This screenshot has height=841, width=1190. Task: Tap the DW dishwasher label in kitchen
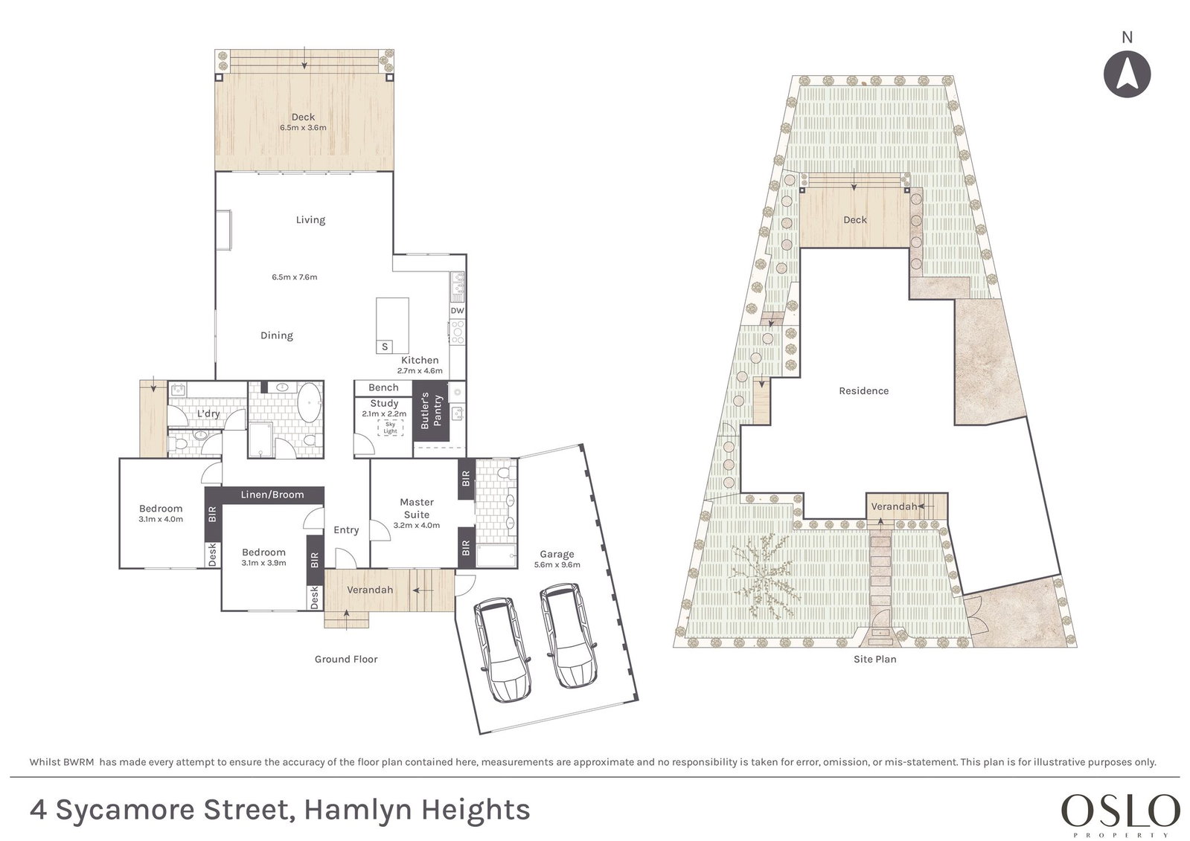(x=457, y=311)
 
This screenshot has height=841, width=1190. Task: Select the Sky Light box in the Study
(x=391, y=428)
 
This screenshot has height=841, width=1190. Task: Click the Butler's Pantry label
(x=431, y=410)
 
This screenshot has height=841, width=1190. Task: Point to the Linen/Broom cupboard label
(x=272, y=494)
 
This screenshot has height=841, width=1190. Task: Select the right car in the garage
(x=568, y=636)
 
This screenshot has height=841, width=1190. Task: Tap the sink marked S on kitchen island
(x=385, y=347)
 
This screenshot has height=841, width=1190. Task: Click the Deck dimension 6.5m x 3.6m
(x=303, y=127)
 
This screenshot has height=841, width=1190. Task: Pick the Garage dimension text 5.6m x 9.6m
(x=557, y=565)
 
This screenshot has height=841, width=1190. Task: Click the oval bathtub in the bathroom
(x=309, y=404)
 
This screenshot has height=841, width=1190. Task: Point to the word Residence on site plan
(x=863, y=391)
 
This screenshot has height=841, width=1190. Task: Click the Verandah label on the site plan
(x=894, y=506)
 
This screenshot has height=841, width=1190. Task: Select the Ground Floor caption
(x=346, y=659)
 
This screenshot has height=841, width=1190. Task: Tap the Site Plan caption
(x=874, y=659)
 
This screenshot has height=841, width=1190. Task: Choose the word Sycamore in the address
(x=126, y=811)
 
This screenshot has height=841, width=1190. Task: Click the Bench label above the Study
(x=383, y=387)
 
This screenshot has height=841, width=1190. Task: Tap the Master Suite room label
(x=417, y=508)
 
